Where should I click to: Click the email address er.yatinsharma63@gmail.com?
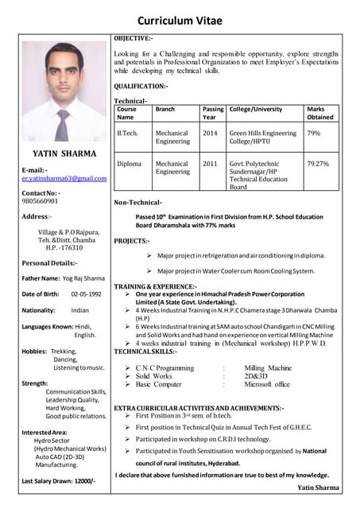click(64, 179)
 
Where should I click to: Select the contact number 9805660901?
click(45, 201)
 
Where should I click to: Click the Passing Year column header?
click(213, 113)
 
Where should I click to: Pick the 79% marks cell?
click(313, 134)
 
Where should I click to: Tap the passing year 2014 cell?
click(210, 134)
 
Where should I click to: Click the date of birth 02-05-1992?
click(86, 294)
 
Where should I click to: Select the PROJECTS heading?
click(131, 240)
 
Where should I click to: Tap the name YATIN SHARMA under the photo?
click(64, 153)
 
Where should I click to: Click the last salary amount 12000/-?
click(82, 481)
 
